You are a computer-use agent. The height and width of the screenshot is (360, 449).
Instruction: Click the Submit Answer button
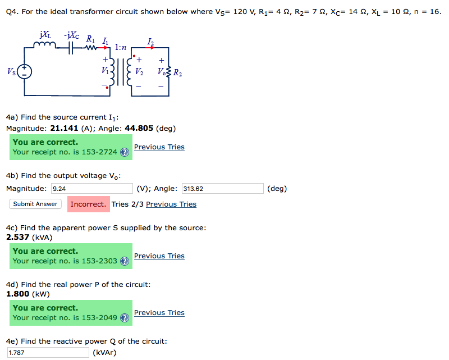click(x=35, y=204)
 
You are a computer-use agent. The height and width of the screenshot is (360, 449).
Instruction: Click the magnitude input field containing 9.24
click(x=91, y=189)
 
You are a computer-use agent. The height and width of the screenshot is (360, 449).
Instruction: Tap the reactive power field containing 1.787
click(x=48, y=353)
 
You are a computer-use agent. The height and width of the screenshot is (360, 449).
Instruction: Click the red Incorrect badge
click(x=88, y=204)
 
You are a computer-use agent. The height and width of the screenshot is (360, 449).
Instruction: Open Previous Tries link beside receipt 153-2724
click(x=159, y=147)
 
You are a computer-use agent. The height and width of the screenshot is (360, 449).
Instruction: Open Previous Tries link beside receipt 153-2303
click(x=159, y=256)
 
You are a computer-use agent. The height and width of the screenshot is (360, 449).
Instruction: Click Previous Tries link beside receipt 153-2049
click(x=159, y=313)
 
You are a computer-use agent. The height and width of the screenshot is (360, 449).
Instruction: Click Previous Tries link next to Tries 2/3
click(x=171, y=204)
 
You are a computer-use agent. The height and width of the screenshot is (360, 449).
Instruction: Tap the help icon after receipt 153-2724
click(x=125, y=152)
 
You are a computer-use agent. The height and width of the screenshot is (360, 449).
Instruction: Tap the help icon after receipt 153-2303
click(x=125, y=261)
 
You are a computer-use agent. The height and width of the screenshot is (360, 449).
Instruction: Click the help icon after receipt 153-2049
click(x=125, y=318)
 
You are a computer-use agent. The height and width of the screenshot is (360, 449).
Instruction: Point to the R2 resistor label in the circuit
click(x=177, y=72)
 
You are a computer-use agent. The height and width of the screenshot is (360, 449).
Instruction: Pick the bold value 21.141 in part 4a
click(x=64, y=128)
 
